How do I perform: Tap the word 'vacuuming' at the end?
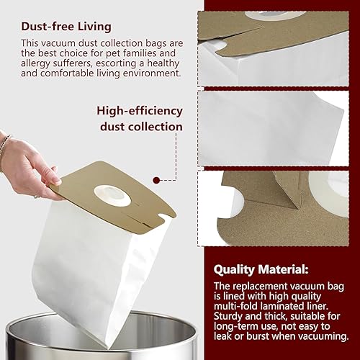pos(324,336)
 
